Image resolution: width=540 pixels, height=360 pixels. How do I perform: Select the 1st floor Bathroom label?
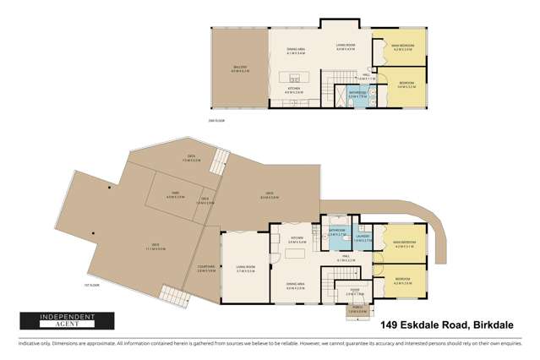point(335,232)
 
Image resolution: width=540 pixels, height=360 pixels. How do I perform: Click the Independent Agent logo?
point(55,321)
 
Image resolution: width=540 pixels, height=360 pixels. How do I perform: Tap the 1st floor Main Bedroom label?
point(404,246)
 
